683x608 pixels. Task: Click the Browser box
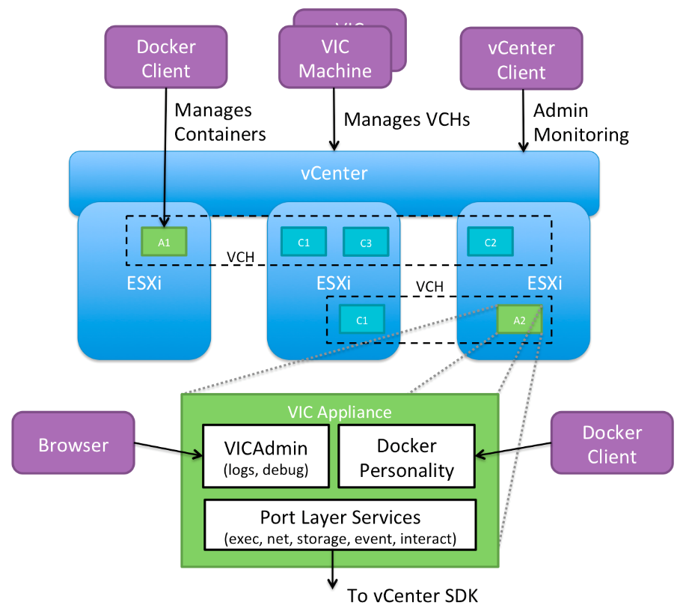pos(73,446)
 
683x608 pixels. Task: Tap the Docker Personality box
pos(407,457)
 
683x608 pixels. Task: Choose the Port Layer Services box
pos(340,526)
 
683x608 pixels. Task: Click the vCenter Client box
pos(521,60)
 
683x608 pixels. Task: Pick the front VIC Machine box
pos(334,58)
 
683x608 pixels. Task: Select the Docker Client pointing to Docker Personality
pos(611,445)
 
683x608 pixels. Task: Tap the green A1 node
pos(164,242)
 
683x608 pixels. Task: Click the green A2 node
pos(520,320)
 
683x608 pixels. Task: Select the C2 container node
pos(490,241)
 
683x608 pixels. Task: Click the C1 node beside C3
pos(303,241)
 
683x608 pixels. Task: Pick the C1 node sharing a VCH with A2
pos(362,320)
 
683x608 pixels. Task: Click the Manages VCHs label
pos(406,119)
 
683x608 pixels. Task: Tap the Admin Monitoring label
pos(581,123)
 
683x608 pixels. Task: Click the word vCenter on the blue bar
pos(334,174)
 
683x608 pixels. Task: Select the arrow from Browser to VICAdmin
pos(168,450)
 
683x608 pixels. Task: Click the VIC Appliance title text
pos(340,412)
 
